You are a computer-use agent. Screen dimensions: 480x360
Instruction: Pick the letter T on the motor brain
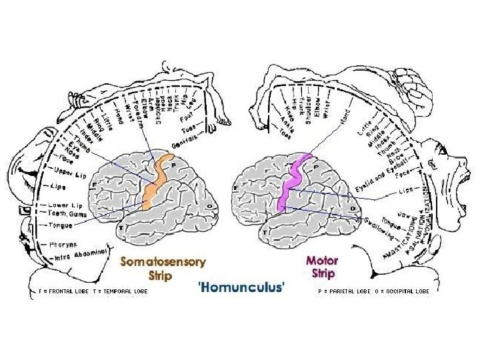click(x=265, y=233)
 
